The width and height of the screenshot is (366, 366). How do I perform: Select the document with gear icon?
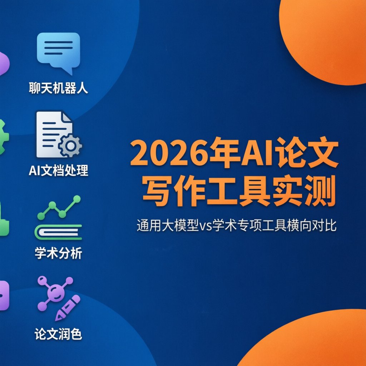coord(58,134)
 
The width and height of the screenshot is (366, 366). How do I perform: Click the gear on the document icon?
coord(70,146)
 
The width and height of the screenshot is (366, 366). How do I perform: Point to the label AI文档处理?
coord(58,170)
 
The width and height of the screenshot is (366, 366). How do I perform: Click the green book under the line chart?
coord(58,232)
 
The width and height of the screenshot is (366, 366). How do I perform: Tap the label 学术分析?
coord(58,253)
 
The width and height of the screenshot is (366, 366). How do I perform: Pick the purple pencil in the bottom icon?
coord(68,308)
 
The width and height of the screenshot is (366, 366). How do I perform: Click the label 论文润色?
coord(58,334)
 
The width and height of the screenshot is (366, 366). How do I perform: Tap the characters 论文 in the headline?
coord(306,153)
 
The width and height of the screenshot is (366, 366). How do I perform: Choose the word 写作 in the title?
coord(174,191)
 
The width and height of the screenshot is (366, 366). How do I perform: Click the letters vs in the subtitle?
coord(206,226)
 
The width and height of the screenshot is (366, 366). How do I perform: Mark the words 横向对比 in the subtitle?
coord(312,225)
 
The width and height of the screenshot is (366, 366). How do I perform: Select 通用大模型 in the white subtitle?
coord(168,225)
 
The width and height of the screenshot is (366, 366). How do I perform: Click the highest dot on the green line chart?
coord(76,199)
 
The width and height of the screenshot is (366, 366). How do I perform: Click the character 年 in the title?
coord(224,153)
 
